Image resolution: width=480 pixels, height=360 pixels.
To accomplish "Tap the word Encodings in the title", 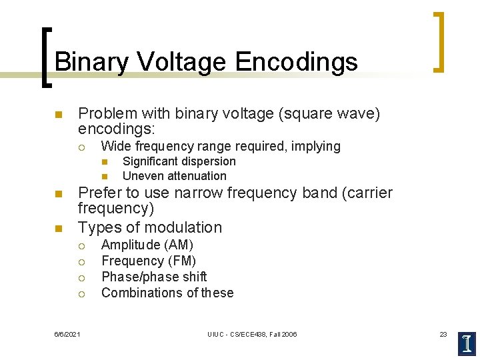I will click(296, 62).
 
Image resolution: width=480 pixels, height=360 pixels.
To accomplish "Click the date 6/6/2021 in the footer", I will click(67, 334).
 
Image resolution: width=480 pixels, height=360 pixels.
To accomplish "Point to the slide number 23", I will click(443, 334).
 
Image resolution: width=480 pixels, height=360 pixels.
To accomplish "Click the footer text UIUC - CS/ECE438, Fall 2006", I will click(252, 334).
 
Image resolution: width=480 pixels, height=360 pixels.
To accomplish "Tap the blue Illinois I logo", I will click(467, 343).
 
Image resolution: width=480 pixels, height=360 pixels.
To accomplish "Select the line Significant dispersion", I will click(179, 161).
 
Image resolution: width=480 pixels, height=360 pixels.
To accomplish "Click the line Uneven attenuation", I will click(174, 176).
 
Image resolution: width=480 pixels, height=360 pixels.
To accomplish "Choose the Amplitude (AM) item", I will click(147, 245).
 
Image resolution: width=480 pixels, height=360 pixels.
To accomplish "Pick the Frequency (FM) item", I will click(148, 261).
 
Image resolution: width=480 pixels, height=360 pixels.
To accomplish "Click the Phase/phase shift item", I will click(153, 277).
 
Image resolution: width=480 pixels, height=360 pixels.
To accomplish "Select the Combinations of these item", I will click(167, 293).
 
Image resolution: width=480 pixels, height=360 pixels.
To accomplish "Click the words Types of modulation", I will click(150, 227).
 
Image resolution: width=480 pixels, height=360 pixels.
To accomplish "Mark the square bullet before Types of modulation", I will click(58, 228).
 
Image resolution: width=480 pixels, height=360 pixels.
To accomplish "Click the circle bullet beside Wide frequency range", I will click(80, 147).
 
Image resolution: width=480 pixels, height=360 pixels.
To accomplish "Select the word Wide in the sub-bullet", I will click(114, 146).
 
